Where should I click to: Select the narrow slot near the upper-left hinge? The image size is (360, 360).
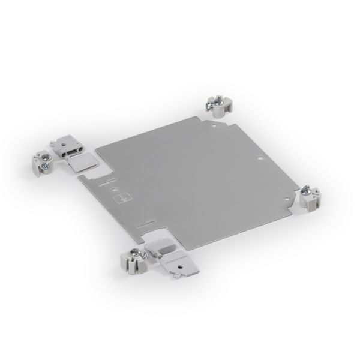tap(105, 179)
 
